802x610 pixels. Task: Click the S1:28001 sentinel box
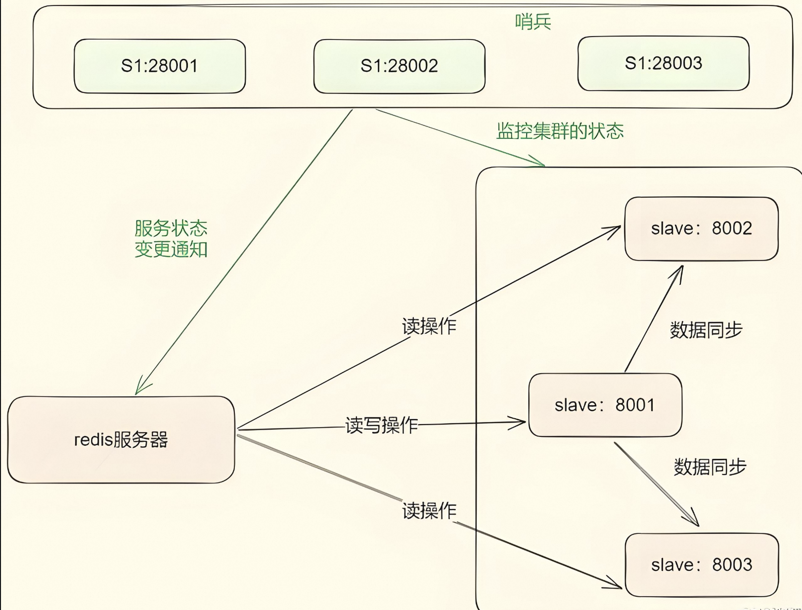(x=160, y=66)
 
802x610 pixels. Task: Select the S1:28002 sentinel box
(x=399, y=66)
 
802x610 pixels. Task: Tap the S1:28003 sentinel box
(x=663, y=63)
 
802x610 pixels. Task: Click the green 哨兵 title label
(x=533, y=22)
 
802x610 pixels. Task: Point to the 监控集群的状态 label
(x=560, y=131)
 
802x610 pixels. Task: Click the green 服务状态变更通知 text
(x=171, y=238)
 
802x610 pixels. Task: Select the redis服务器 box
(x=121, y=439)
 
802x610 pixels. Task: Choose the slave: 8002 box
(x=701, y=228)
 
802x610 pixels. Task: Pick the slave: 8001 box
(x=605, y=405)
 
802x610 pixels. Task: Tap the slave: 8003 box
(x=702, y=565)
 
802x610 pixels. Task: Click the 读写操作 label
(x=381, y=425)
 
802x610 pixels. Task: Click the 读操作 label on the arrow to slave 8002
(x=429, y=326)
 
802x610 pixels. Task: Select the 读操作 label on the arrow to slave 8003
(x=429, y=511)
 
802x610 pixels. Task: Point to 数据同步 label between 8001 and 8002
(x=706, y=330)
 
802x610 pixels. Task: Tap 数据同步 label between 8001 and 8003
(x=710, y=467)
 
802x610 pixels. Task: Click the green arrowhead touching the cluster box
(x=539, y=162)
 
